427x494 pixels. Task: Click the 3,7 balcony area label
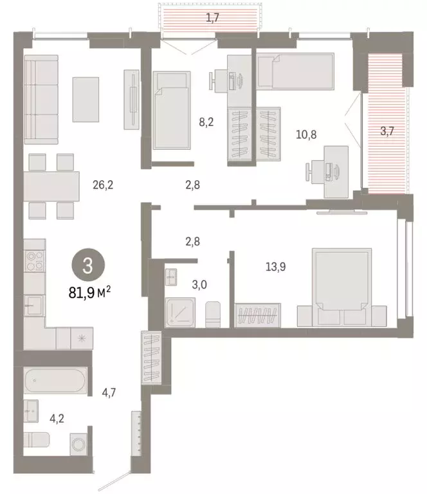[387, 132]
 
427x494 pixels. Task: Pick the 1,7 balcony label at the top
[212, 18]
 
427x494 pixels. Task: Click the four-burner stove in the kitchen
[35, 261]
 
